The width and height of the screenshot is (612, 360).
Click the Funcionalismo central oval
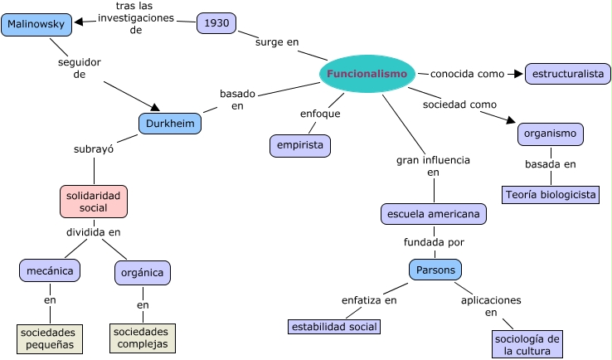(367, 74)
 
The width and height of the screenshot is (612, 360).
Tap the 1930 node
(216, 23)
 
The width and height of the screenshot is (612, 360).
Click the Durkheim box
(170, 124)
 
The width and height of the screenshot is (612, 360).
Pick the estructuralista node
(568, 74)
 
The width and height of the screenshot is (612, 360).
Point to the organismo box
(551, 134)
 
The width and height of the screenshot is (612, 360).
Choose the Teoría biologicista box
(550, 195)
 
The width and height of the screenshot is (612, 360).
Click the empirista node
(300, 146)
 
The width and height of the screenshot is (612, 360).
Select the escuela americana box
(434, 214)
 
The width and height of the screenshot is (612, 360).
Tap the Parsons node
(435, 270)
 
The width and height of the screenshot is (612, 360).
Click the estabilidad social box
(334, 326)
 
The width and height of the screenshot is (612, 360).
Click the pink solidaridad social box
(94, 201)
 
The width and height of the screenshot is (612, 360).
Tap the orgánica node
(143, 272)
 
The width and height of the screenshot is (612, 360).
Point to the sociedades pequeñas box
(50, 338)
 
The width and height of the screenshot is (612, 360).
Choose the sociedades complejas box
(143, 337)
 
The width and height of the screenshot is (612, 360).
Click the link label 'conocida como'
(467, 74)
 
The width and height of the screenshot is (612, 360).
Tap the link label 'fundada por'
(434, 242)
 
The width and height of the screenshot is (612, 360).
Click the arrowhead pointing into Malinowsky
(79, 22)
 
